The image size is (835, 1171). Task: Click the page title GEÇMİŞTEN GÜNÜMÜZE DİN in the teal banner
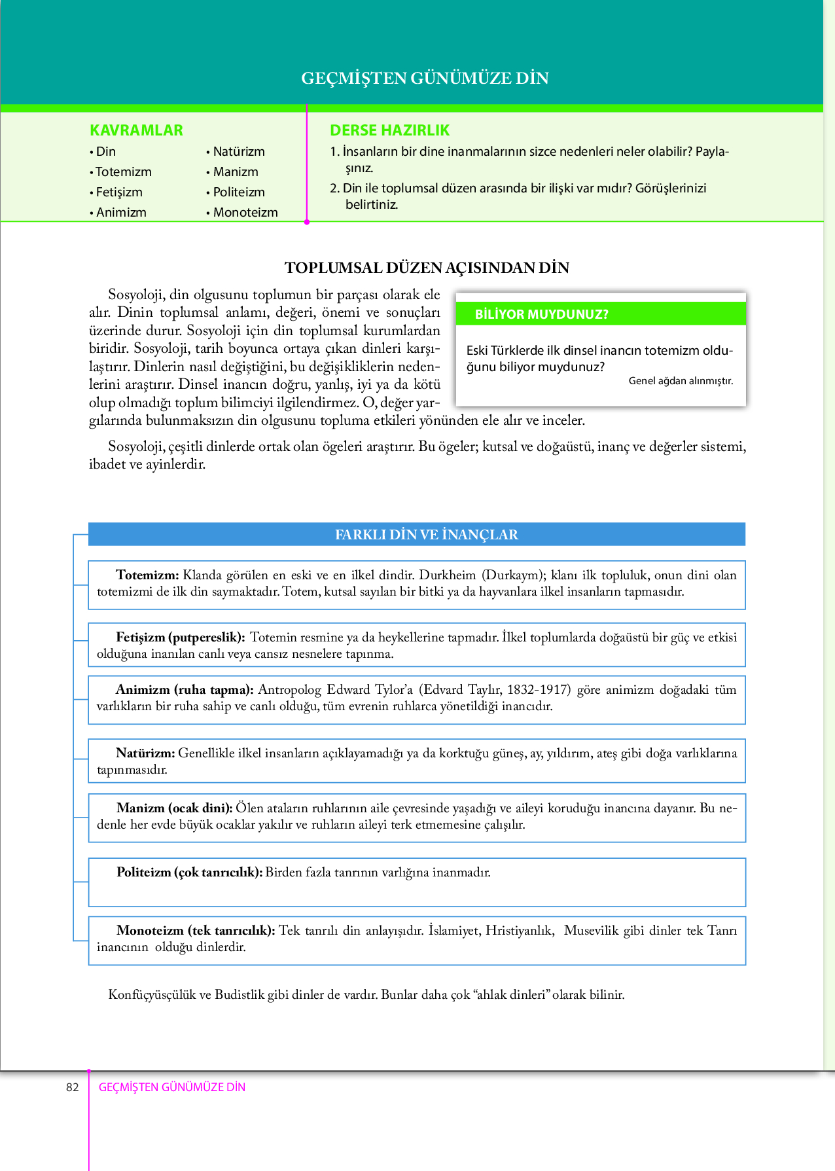point(425,78)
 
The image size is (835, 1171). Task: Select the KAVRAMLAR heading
point(136,130)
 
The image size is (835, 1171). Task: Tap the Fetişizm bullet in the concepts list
point(118,192)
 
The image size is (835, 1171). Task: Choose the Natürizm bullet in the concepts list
point(238,152)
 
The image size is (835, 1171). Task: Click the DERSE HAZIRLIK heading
point(389,130)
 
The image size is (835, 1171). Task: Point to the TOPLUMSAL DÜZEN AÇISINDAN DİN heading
point(427,268)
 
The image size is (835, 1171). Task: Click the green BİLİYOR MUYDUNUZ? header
point(541,315)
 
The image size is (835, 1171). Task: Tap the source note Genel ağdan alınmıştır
point(681,381)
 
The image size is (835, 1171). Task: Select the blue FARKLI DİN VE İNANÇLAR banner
point(426,535)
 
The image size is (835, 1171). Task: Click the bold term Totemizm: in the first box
point(147,575)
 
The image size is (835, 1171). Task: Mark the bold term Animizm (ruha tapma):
point(185,690)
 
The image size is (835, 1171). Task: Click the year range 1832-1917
point(539,690)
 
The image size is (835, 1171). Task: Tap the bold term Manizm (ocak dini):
point(175,808)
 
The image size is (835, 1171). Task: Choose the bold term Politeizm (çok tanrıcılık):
point(190,873)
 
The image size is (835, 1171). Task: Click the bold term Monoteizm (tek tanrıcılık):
point(196,931)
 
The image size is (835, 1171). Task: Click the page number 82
point(73,1087)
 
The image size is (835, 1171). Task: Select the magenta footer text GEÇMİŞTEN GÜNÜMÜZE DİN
point(172,1087)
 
